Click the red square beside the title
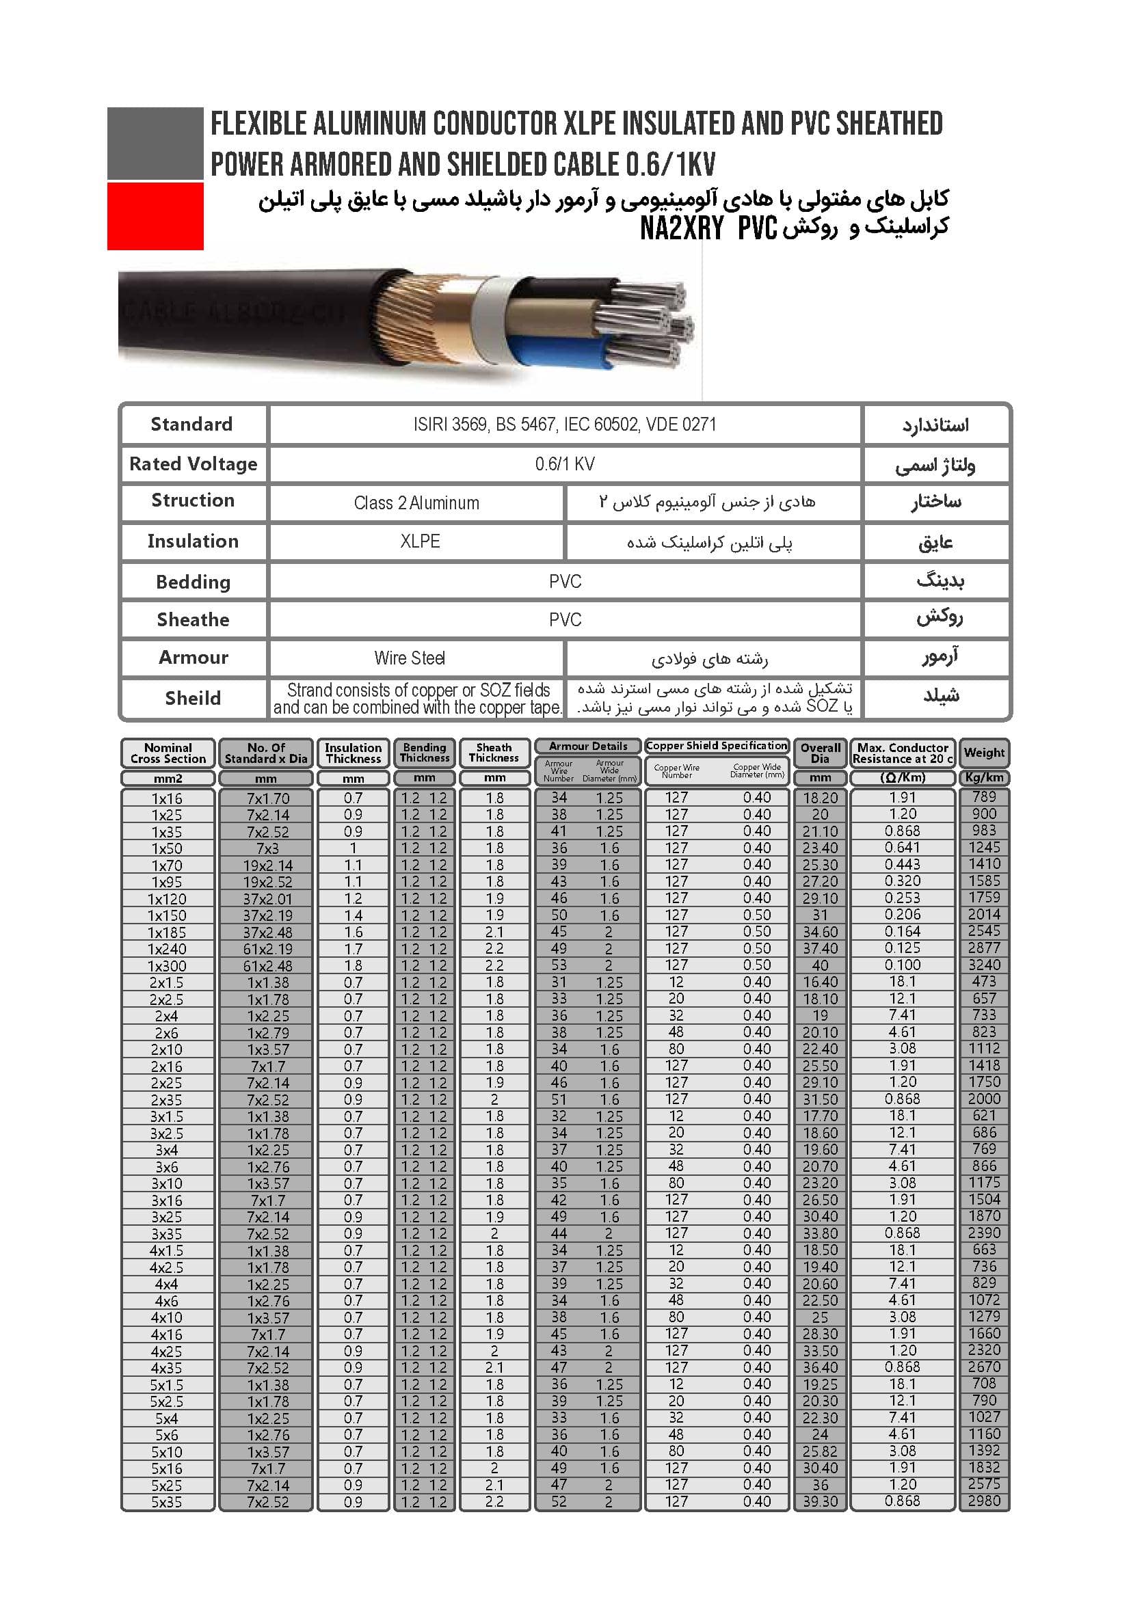coord(155,216)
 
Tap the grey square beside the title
coord(155,143)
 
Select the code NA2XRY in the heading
coord(682,228)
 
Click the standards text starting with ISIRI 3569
coord(564,424)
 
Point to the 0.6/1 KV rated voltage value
coord(564,463)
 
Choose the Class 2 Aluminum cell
coord(416,503)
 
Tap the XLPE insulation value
coord(419,541)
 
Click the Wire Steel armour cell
coord(410,658)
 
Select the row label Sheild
coord(193,698)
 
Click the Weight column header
coord(983,752)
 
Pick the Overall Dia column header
coord(820,753)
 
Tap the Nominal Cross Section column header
coord(168,753)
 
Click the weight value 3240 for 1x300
coord(983,965)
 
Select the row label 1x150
coord(167,915)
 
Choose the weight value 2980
coord(983,1501)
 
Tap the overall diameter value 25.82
coord(820,1451)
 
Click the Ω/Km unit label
coord(902,777)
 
